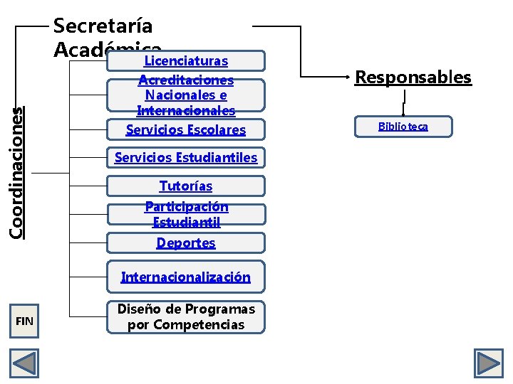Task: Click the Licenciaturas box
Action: [185, 61]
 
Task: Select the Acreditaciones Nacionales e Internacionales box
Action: [185, 95]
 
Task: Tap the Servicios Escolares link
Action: [185, 129]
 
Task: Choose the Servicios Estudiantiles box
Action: [185, 157]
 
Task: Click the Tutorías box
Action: [185, 186]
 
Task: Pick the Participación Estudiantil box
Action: [185, 214]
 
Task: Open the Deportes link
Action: [185, 242]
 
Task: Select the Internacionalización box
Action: [185, 277]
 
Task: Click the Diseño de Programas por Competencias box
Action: [185, 317]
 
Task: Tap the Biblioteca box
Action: [403, 127]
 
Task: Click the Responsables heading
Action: [413, 77]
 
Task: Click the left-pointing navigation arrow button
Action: [24, 363]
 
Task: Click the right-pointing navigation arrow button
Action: [489, 363]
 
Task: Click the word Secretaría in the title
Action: [103, 26]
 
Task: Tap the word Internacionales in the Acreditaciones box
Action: [185, 110]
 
